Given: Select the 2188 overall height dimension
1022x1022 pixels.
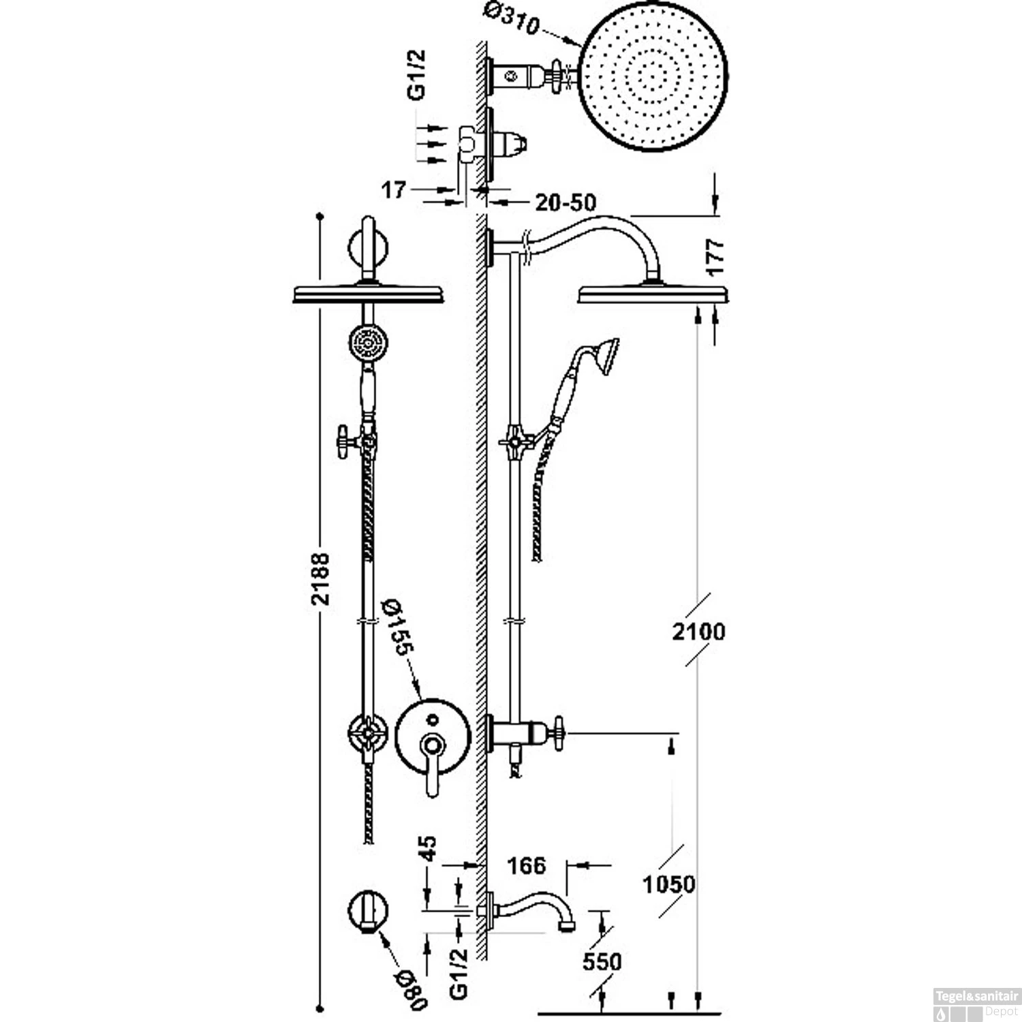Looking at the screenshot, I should tap(320, 578).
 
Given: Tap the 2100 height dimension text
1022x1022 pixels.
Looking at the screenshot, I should tap(698, 632).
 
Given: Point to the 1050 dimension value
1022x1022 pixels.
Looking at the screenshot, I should tap(669, 884).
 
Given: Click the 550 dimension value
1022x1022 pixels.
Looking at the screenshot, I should tap(602, 961).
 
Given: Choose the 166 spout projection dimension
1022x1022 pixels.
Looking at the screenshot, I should tap(527, 865).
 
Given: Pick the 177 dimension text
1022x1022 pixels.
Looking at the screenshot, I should tap(715, 257).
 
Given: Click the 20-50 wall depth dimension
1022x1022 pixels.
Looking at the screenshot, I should tap(565, 202).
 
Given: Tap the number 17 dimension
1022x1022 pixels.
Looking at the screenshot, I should tap(393, 190).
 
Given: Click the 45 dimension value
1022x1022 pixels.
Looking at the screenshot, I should tap(429, 850).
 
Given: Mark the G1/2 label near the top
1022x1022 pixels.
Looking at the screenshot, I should tap(416, 74).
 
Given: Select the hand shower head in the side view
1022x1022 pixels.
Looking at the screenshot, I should tap(604, 354).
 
